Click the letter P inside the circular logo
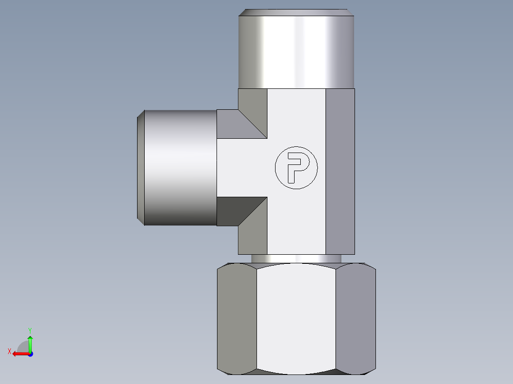coord(296,166)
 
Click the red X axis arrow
coord(19,354)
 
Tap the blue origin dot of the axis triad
coord(30,354)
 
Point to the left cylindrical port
coord(180,167)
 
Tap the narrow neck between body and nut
coord(296,259)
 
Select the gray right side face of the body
coord(340,171)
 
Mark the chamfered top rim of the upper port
coord(297,12)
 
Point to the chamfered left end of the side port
coord(141,167)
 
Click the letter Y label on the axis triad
coord(30,330)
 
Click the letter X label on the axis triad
coord(9,351)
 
